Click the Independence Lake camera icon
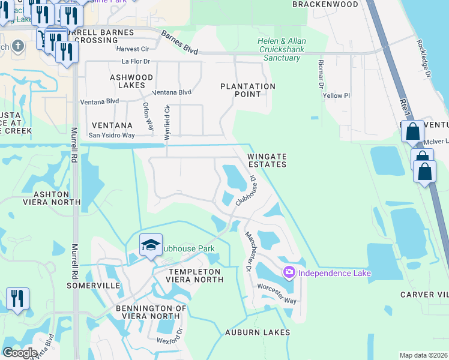coord(289,273)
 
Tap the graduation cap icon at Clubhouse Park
coord(151,245)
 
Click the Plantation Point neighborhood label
coord(248,90)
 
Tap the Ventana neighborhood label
coord(112,125)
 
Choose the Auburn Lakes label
coord(258,332)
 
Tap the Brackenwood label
coord(325,4)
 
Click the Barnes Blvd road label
coord(179,44)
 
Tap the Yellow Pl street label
coord(336,95)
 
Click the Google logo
coord(20,353)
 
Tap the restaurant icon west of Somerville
coord(16,298)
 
